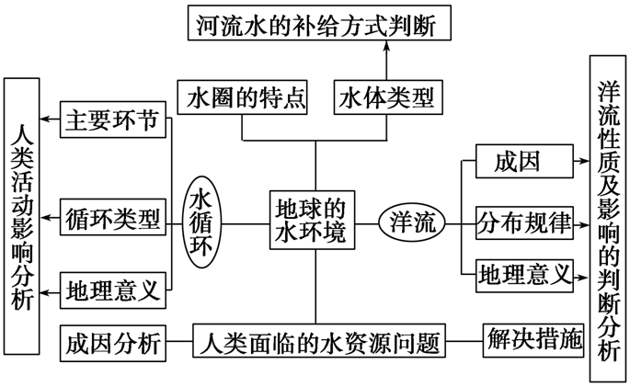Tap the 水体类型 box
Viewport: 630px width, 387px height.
coord(385,97)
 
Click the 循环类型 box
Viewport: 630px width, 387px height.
coord(115,220)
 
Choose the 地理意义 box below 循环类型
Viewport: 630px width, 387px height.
coord(115,290)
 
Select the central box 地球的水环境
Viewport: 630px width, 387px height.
coord(315,221)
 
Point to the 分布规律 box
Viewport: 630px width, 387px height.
coord(524,222)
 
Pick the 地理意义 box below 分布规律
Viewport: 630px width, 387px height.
coord(524,273)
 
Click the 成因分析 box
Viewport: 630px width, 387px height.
coord(113,342)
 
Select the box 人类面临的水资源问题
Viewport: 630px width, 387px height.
coord(318,342)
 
